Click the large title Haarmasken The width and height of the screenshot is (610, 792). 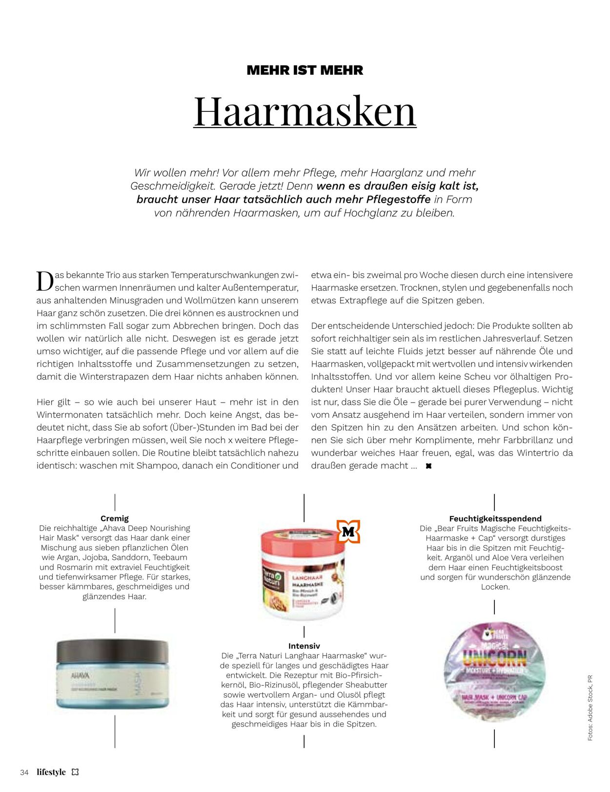[305, 111]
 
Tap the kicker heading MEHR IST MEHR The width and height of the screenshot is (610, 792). [305, 70]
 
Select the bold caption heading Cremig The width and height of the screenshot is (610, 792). [115, 518]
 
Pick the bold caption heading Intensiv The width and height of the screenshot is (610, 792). [304, 646]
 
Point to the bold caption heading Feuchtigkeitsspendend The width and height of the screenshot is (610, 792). [495, 518]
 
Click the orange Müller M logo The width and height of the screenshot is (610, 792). [348, 532]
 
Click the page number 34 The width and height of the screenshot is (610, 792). [24, 772]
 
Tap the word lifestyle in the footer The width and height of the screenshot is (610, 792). [51, 772]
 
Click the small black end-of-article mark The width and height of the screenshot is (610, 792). [428, 466]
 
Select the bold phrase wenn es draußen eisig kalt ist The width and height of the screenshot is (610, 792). [398, 186]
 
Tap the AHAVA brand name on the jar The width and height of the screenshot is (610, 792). [80, 676]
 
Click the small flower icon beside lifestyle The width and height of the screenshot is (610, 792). [75, 772]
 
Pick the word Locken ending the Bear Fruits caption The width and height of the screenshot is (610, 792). [495, 587]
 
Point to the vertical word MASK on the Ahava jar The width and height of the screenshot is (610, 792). [137, 684]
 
